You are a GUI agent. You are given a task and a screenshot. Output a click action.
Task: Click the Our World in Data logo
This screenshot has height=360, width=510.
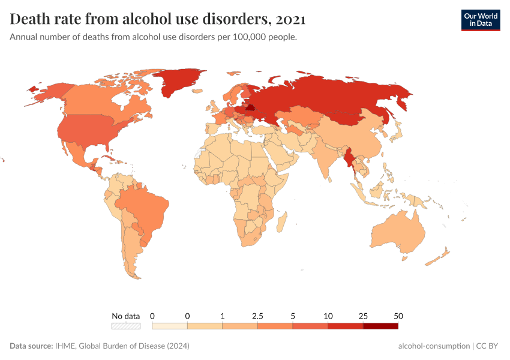480,20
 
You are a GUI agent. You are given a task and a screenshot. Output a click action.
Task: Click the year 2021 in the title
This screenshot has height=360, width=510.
291,19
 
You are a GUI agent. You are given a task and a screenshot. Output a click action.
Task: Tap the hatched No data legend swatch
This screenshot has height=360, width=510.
125,326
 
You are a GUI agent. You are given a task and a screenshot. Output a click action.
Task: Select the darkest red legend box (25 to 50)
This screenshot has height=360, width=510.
380,326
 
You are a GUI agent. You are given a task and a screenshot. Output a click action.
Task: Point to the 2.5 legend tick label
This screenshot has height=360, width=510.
258,316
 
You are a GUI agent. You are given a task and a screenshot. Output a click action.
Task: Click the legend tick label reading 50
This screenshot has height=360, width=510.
398,316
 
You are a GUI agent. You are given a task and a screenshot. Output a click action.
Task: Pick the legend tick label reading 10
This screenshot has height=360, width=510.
328,316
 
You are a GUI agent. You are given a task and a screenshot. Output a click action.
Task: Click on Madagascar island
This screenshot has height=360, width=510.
280,224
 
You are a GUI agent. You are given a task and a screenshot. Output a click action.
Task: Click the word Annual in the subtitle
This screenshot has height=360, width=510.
24,37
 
